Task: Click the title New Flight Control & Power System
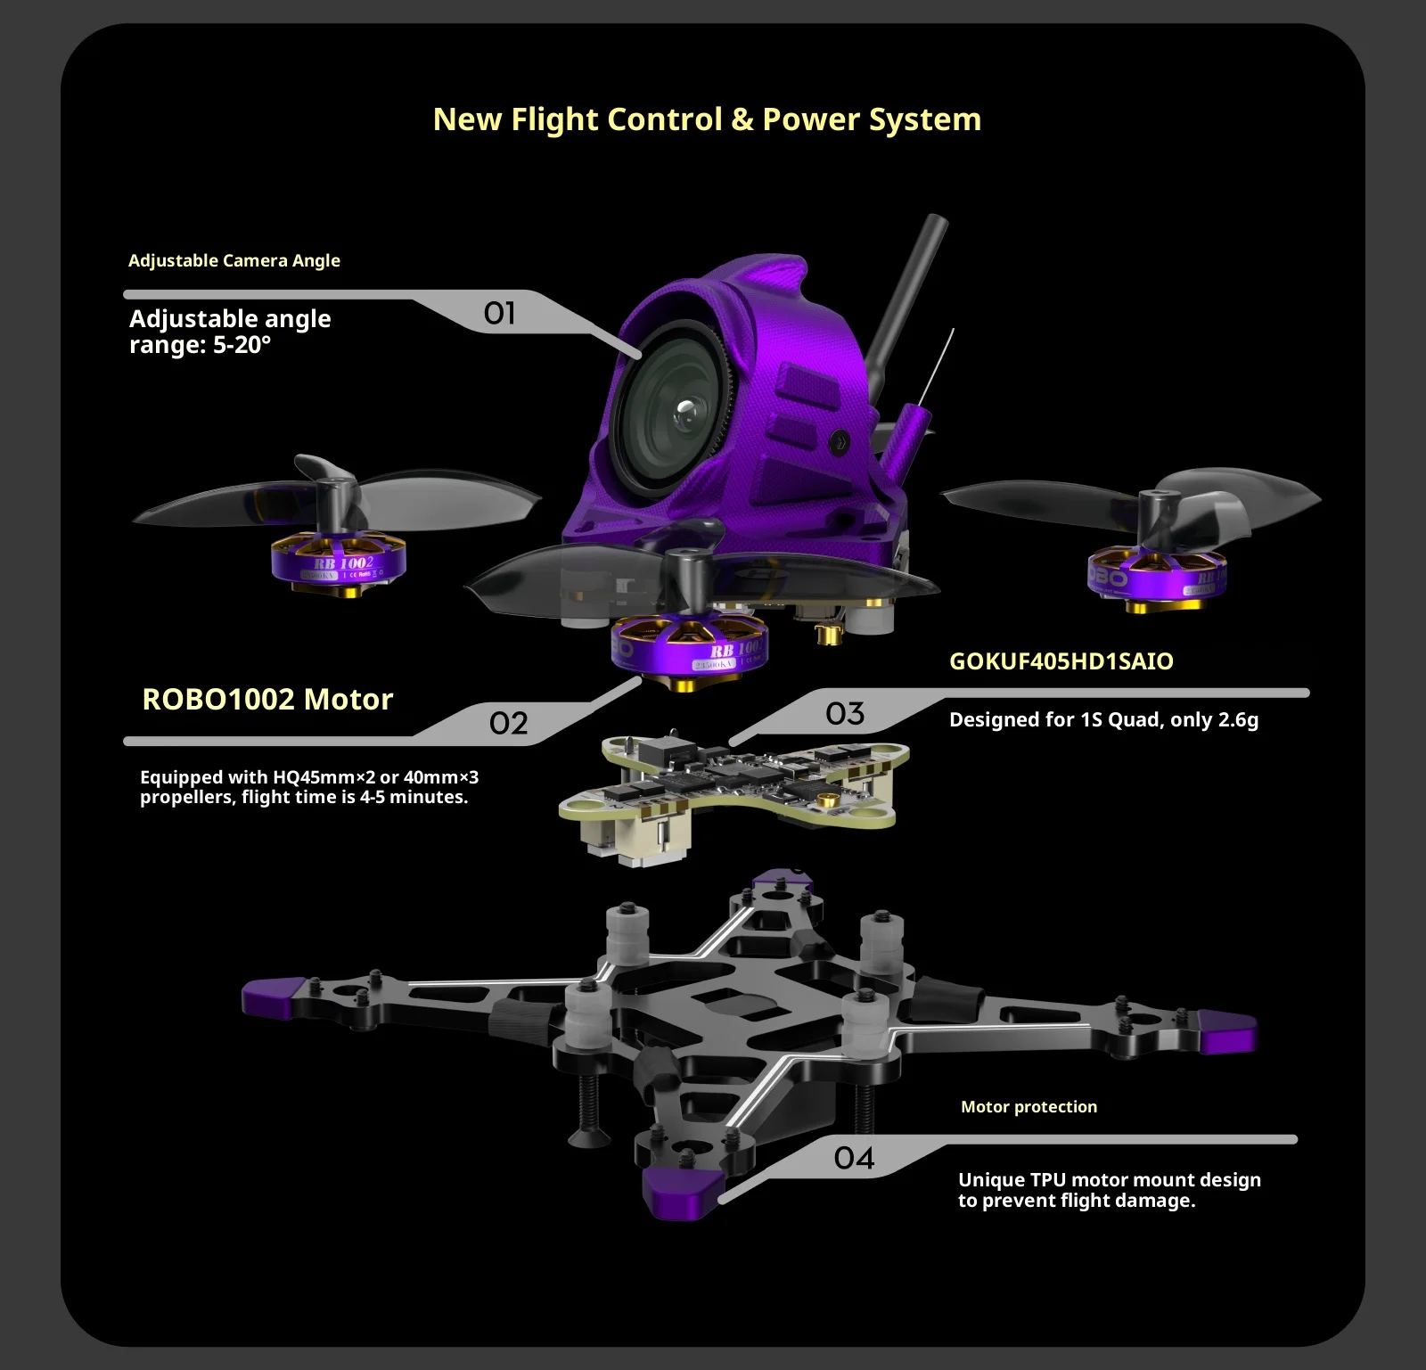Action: click(x=707, y=119)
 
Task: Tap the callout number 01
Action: click(x=499, y=313)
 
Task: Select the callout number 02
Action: click(x=508, y=723)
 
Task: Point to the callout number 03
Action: click(x=845, y=713)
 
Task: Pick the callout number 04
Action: click(x=854, y=1158)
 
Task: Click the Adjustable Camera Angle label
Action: click(x=234, y=260)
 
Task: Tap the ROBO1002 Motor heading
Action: click(x=267, y=699)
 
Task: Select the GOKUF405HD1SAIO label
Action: click(x=1061, y=661)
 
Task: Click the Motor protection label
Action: click(x=1029, y=1107)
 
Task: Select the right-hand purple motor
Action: click(x=1158, y=577)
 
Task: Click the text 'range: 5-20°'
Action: click(x=200, y=345)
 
